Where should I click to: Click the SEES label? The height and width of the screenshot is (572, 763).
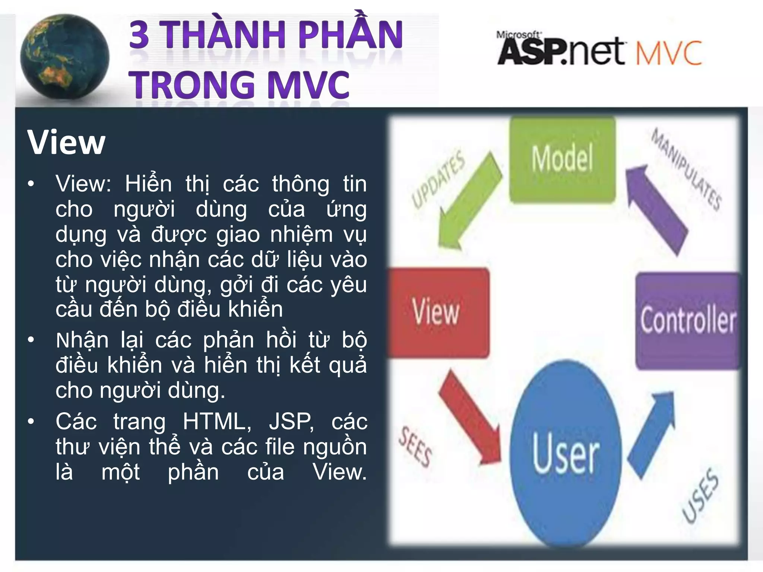(x=415, y=447)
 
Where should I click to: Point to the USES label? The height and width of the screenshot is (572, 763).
(x=700, y=495)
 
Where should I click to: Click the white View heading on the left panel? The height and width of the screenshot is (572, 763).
(x=66, y=142)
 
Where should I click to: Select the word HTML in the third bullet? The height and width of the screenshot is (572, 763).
(x=216, y=422)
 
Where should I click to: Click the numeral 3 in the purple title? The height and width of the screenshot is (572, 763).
(x=139, y=35)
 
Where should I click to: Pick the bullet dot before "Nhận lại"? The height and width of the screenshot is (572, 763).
(x=31, y=340)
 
